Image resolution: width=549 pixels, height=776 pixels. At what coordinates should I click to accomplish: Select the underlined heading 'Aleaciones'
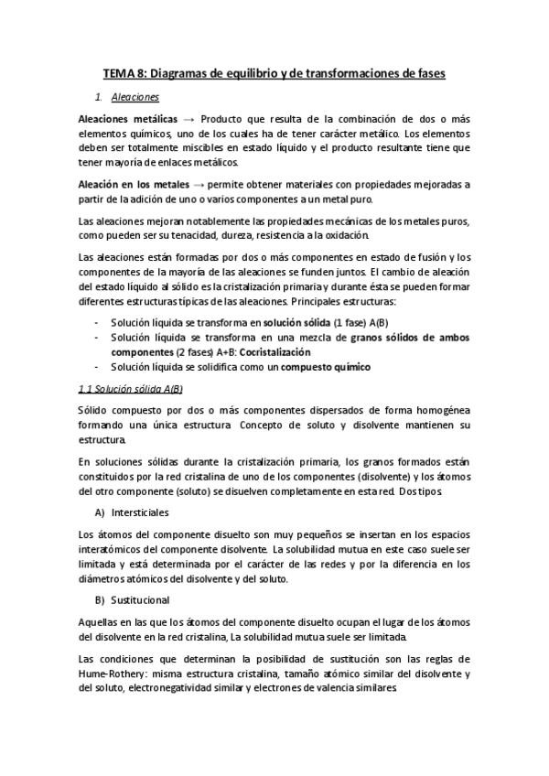135,96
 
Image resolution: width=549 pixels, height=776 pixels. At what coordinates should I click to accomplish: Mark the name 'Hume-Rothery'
113,674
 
